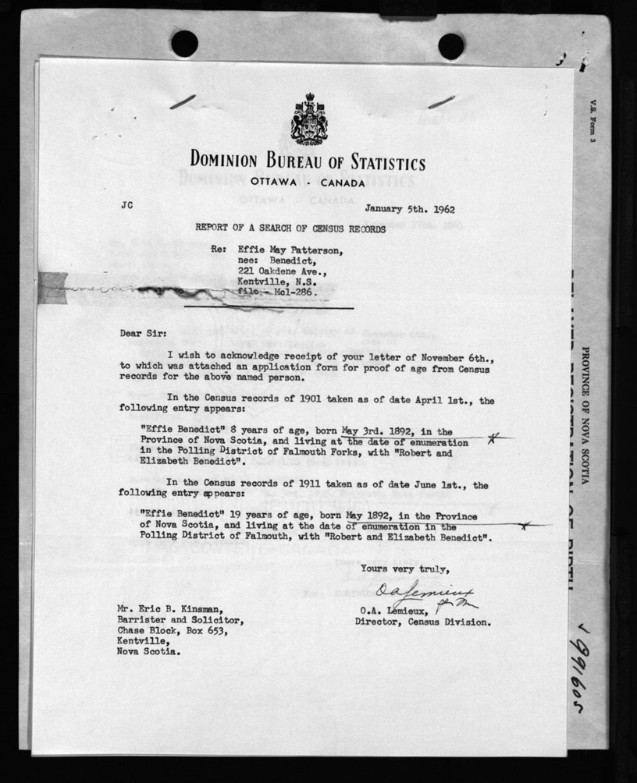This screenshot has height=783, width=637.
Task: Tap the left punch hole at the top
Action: coord(184,44)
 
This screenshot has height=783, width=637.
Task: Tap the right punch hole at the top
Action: coord(451,45)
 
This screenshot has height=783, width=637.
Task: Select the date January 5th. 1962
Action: coord(410,209)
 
